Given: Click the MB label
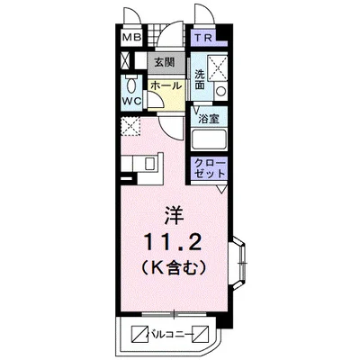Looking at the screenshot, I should click(x=131, y=40).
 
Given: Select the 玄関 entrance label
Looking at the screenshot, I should click(x=163, y=63).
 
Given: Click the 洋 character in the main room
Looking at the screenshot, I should click(x=174, y=215).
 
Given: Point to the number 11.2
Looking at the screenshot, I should click(x=174, y=241).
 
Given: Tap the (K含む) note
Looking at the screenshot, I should click(x=174, y=266).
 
